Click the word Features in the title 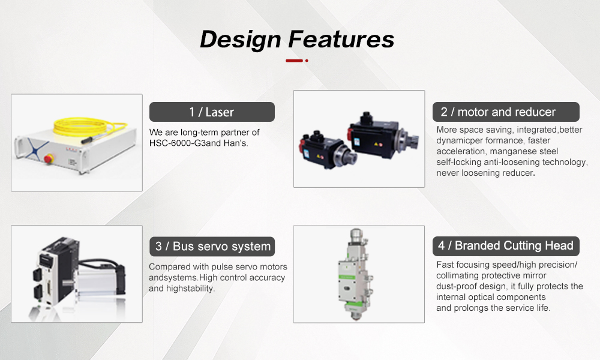click(341, 40)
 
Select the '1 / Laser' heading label click(211, 112)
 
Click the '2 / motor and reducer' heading click(506, 112)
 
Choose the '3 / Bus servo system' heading click(212, 246)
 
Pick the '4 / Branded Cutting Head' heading click(506, 245)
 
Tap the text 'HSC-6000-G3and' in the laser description click(183, 143)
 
